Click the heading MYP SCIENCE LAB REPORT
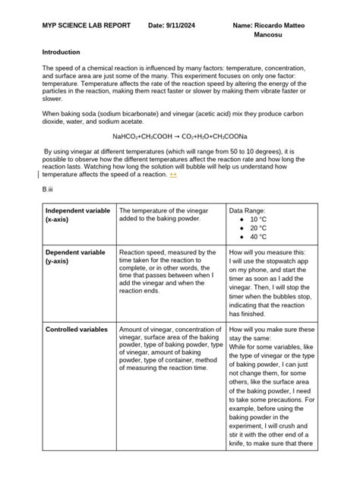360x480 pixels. pos(85,27)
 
